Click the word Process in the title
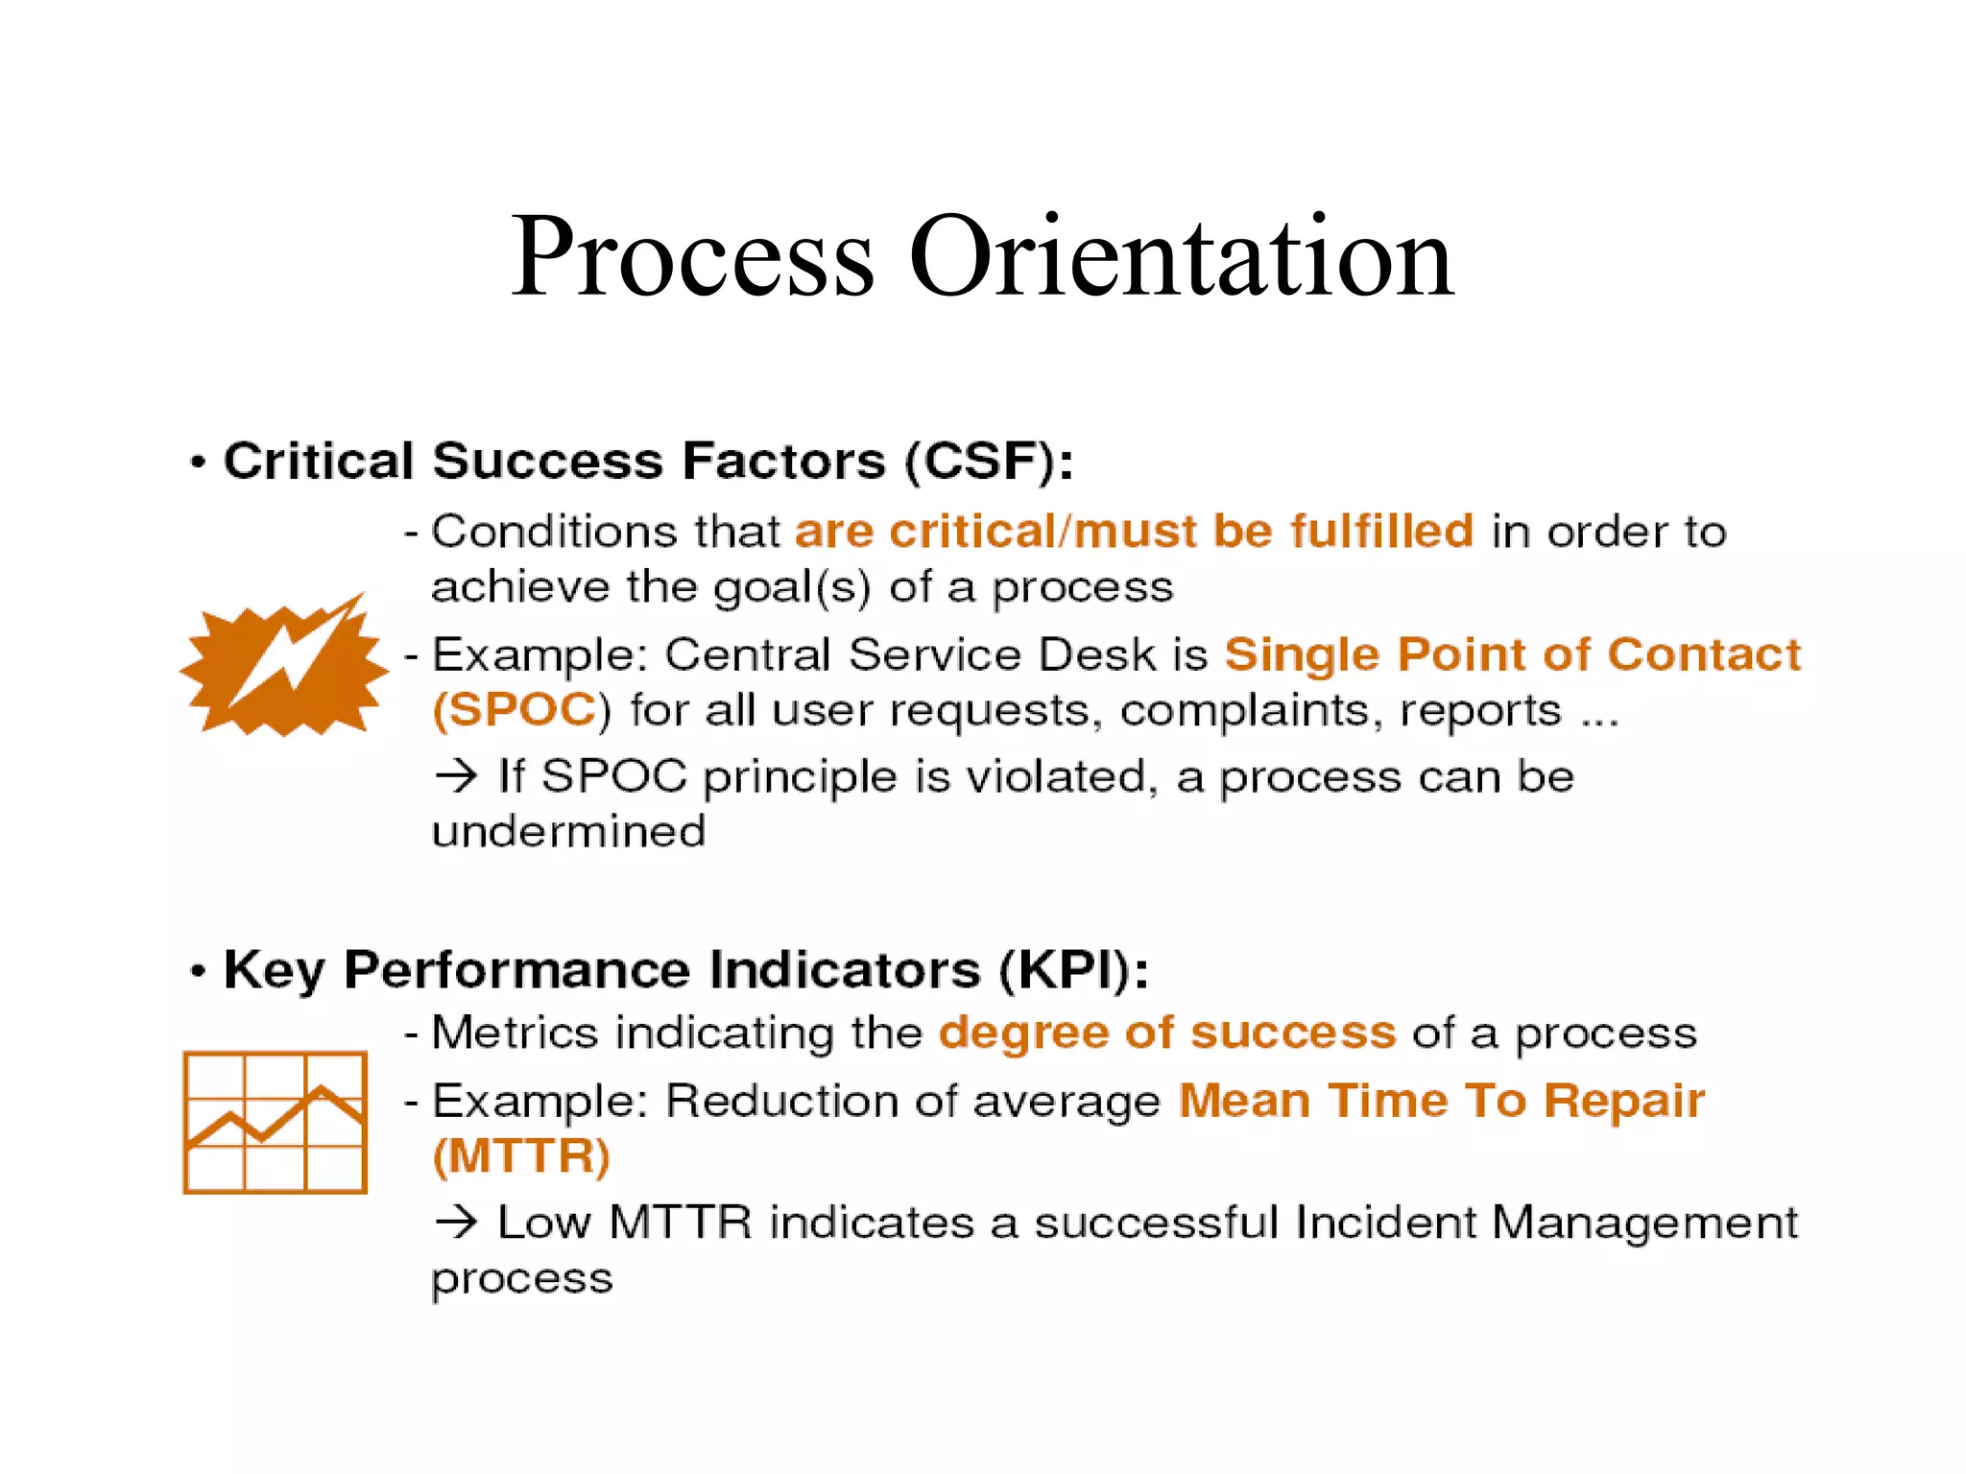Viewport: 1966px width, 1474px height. [691, 257]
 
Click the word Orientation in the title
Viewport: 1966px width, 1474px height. [1181, 257]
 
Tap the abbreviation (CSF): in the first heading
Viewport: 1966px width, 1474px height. [989, 462]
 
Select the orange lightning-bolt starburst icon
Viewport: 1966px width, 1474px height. [284, 668]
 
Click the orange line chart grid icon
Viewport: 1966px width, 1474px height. [276, 1122]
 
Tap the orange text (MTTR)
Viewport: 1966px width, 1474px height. [521, 1155]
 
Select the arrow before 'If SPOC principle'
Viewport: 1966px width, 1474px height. [456, 775]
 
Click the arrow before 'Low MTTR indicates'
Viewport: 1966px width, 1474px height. [456, 1222]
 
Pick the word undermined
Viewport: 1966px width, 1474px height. [568, 831]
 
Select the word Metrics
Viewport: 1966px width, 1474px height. [515, 1033]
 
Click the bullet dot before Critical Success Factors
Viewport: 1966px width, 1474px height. [199, 464]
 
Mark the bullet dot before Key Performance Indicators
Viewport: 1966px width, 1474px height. [199, 971]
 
